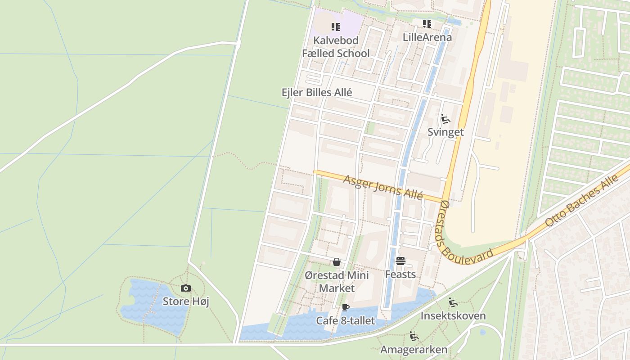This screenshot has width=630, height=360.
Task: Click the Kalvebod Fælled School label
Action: pos(336,47)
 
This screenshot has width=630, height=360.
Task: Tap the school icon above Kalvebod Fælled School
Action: pos(336,27)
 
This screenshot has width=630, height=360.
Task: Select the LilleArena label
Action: pos(427,37)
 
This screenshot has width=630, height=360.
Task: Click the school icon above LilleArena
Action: pos(427,23)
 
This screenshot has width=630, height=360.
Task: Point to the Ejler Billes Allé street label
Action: pos(317,92)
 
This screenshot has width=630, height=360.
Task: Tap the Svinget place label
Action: pos(445,132)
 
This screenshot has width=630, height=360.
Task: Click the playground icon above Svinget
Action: pos(445,119)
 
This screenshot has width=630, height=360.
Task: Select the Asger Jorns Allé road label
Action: pos(383,187)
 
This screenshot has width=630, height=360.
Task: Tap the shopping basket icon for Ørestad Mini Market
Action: pos(337,262)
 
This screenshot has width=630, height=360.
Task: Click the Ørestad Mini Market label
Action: pos(337,282)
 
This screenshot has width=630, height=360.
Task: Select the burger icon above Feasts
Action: pos(400,261)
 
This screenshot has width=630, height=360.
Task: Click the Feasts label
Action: pos(400,274)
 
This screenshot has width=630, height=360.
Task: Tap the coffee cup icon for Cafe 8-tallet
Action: pos(345,308)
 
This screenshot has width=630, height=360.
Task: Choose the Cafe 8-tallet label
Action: pos(345,321)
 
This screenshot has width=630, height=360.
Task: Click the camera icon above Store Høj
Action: pos(185,288)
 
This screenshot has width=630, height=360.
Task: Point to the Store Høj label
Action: pos(185,301)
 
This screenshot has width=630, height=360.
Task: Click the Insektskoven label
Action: pos(453,316)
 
